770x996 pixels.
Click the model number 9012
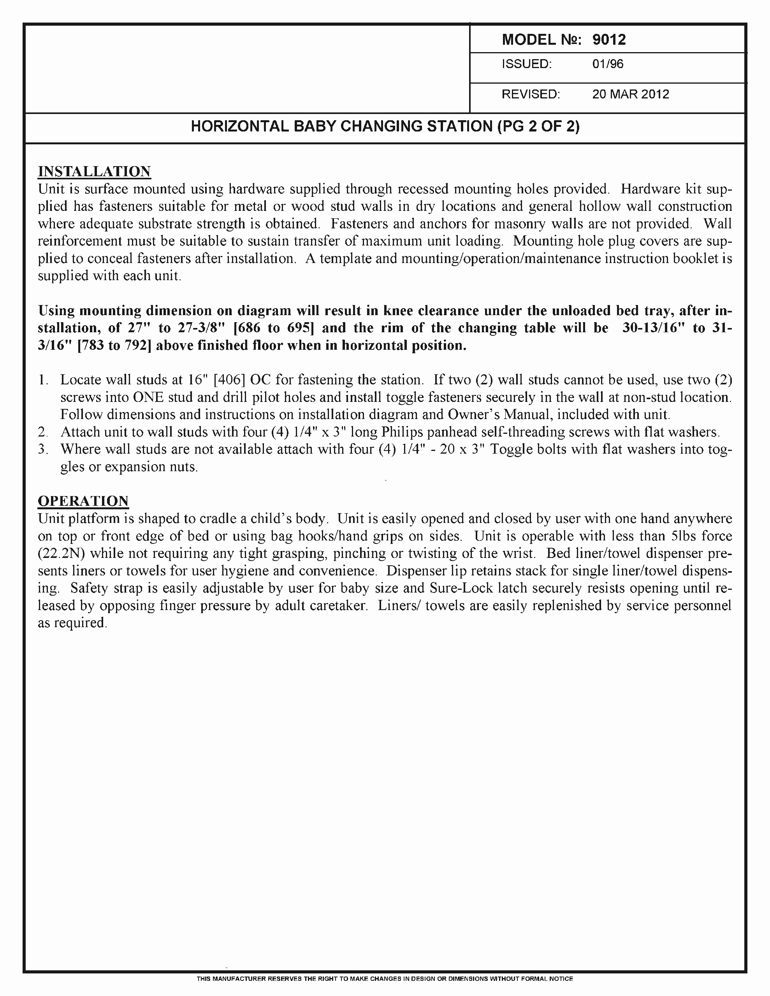coord(609,40)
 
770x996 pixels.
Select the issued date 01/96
coord(608,64)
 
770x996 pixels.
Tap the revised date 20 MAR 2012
coord(630,95)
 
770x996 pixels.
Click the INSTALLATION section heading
coord(94,172)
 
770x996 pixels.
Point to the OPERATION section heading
coord(83,501)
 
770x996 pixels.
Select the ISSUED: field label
coord(527,64)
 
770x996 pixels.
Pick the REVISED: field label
coord(530,95)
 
